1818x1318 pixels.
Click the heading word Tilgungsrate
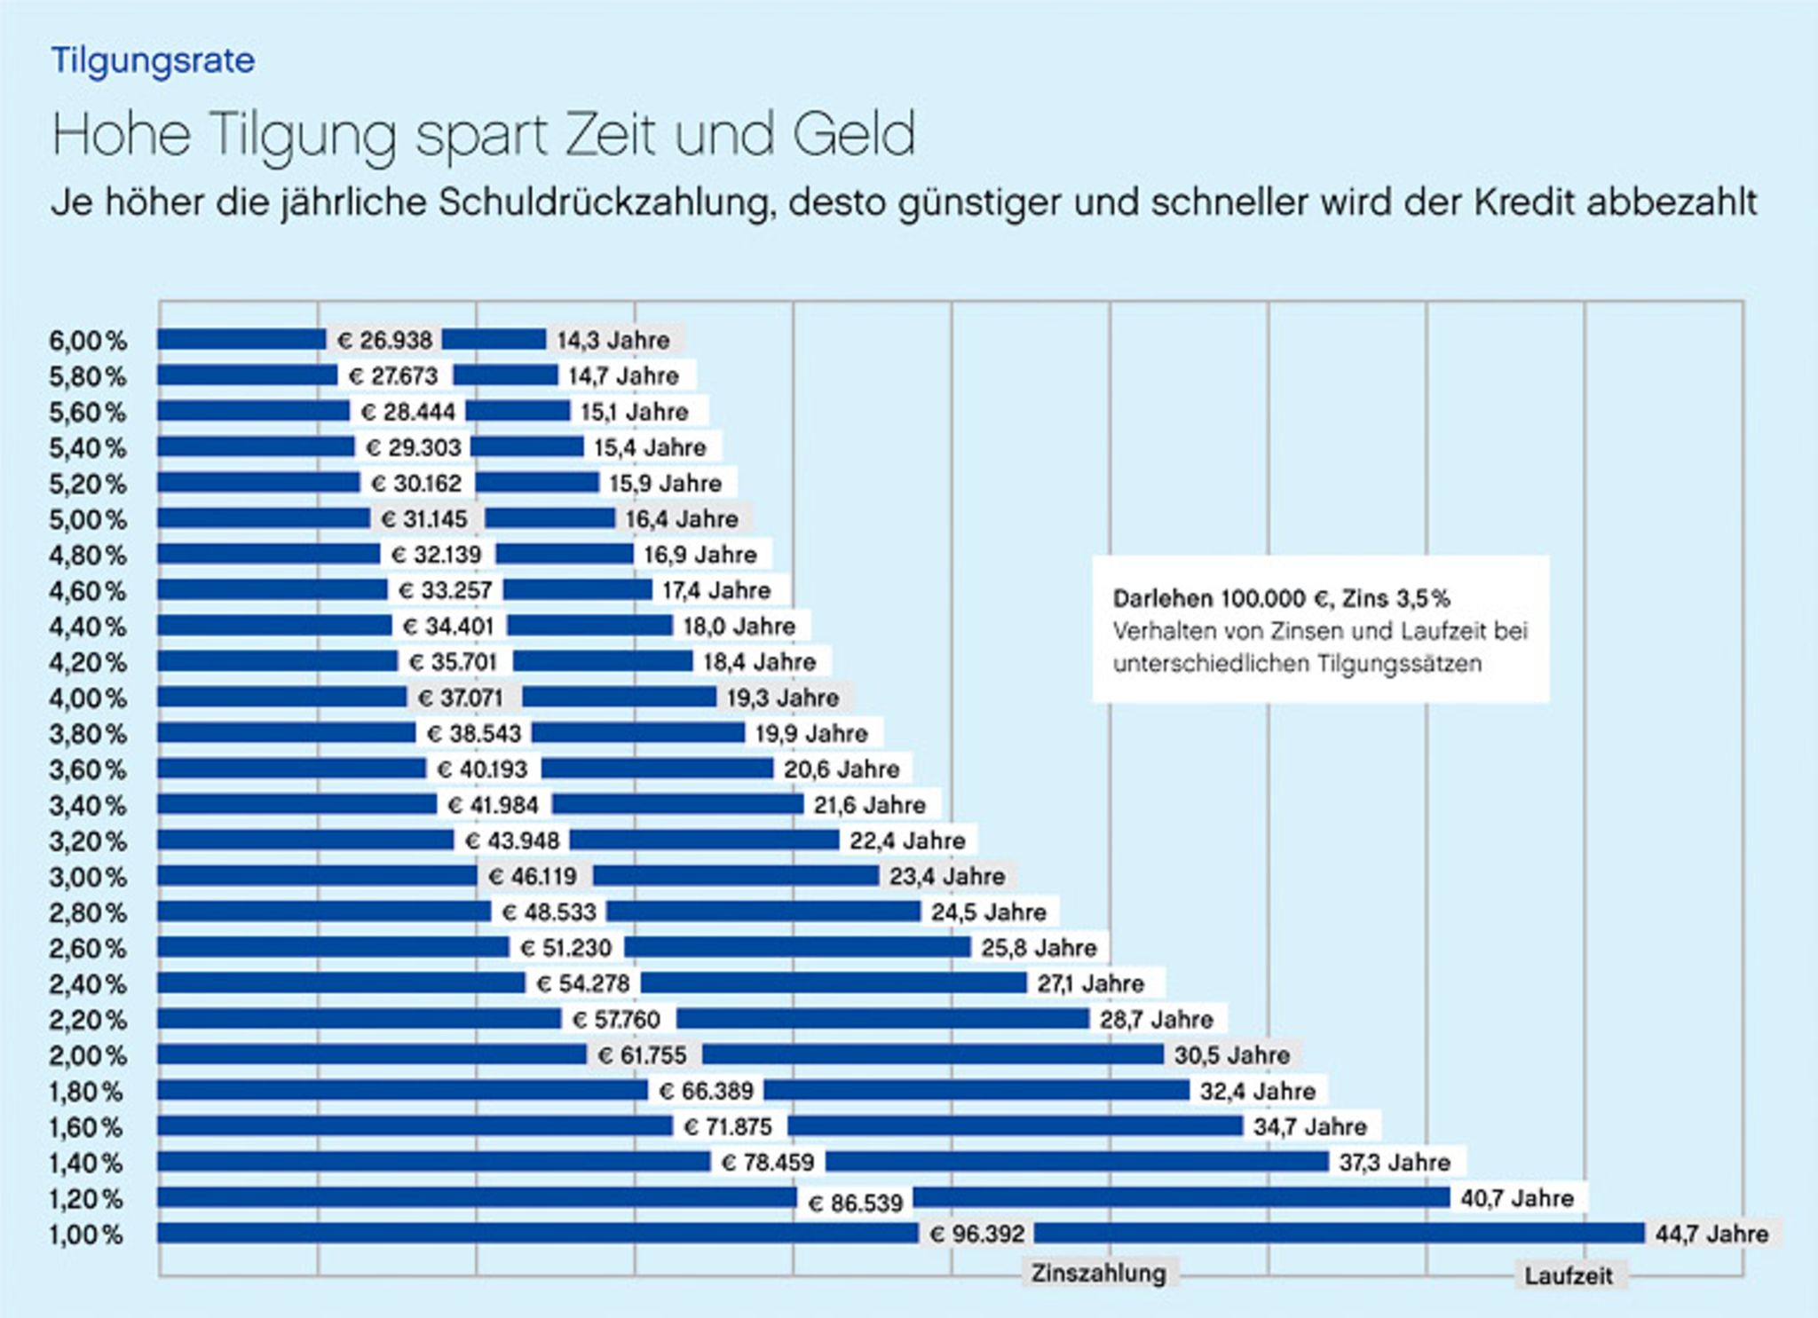coord(153,60)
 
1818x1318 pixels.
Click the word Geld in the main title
coord(853,135)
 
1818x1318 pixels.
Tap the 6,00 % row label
coord(88,341)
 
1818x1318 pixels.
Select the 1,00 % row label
coord(86,1235)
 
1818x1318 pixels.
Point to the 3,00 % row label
coord(88,877)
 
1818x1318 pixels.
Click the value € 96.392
coord(977,1235)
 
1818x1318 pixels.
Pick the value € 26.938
coord(385,341)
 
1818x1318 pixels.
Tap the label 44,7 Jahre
coord(1711,1235)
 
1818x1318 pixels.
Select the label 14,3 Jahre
coord(613,341)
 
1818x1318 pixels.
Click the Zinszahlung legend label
coord(1098,1274)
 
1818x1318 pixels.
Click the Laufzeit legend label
coord(1569,1276)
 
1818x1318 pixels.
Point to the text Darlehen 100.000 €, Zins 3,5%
coord(1281,599)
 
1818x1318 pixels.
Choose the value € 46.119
coord(533,877)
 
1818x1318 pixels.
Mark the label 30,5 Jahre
coord(1232,1055)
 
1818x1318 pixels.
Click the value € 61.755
coord(643,1055)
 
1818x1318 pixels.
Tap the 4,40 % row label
coord(88,627)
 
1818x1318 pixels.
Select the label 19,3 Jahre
coord(783,698)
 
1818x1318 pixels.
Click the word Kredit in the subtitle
coord(1526,203)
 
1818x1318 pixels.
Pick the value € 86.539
coord(856,1204)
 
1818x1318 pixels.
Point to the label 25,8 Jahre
coord(1039,948)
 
